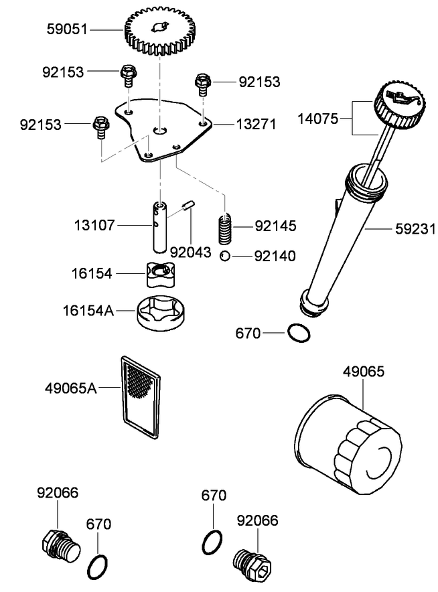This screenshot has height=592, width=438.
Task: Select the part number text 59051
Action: (68, 29)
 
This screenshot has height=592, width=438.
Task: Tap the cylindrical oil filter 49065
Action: (349, 448)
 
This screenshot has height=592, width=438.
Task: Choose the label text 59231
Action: (413, 229)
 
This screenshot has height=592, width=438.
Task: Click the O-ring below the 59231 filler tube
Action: (298, 331)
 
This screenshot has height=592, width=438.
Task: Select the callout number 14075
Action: (319, 120)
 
